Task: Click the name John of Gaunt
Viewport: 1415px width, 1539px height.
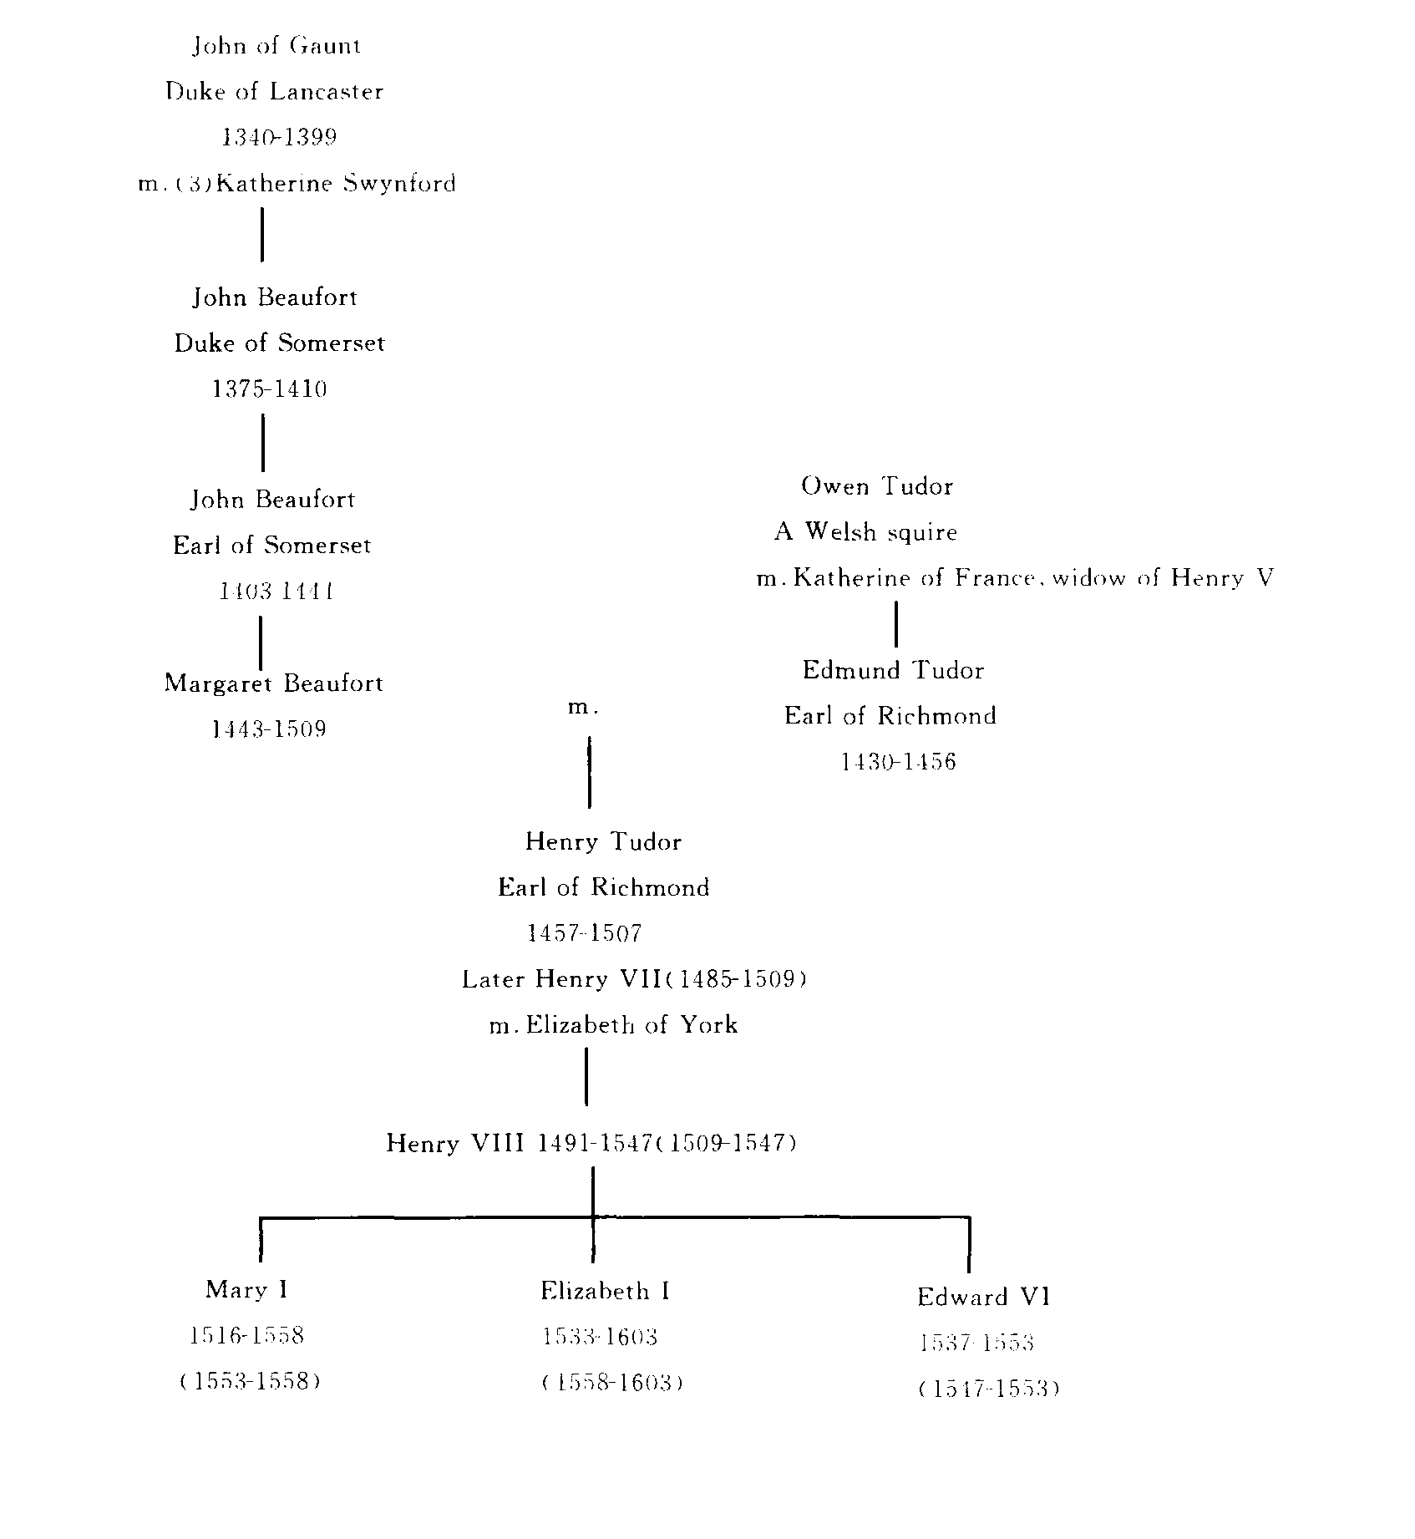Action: tap(276, 46)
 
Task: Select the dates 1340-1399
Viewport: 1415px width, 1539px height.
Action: tap(279, 138)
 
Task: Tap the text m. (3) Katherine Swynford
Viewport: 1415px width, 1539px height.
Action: tap(297, 184)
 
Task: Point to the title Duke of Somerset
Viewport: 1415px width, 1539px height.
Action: tap(279, 343)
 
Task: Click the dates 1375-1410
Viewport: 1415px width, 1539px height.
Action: tap(269, 389)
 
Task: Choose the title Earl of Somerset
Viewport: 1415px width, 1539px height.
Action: tap(271, 546)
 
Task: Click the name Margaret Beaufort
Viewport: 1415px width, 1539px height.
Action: tap(274, 683)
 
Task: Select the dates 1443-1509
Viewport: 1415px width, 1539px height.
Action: tap(269, 729)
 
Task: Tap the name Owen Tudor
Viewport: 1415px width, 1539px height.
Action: tap(877, 486)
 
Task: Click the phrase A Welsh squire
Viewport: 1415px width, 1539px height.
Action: tap(865, 532)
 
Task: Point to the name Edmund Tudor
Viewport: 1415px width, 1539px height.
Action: tap(893, 670)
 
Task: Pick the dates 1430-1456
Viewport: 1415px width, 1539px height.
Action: tap(898, 762)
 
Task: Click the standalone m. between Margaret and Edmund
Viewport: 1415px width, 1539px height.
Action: tap(584, 708)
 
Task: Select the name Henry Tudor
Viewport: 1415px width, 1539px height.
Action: tap(603, 841)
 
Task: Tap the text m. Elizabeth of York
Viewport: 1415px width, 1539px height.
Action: tap(614, 1025)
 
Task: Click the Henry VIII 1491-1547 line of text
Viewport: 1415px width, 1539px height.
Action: tap(591, 1143)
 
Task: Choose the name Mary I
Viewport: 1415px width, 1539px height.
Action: tap(246, 1289)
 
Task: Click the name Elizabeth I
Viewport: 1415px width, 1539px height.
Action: tap(605, 1291)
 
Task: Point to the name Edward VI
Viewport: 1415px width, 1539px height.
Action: tap(983, 1297)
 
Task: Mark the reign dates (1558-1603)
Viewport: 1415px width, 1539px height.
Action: tap(612, 1383)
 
